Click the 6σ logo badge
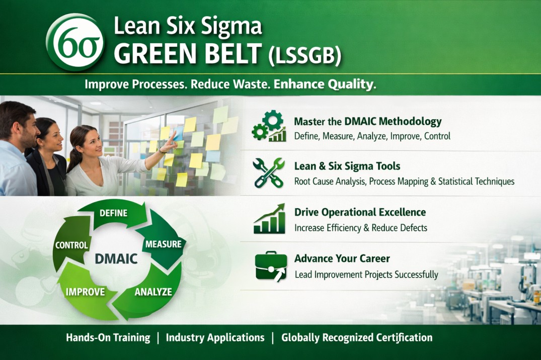tap(75, 42)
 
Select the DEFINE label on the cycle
tap(113, 213)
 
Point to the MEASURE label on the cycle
tap(163, 244)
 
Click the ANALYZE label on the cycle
tap(153, 292)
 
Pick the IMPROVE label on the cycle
tap(85, 292)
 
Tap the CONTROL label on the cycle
tap(71, 245)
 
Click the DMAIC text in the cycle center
tap(116, 259)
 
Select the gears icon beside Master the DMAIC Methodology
tap(269, 126)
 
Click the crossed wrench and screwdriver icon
tap(269, 173)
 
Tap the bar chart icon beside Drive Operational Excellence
tap(269, 219)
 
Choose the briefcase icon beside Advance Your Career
tap(270, 266)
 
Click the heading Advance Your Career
tap(342, 258)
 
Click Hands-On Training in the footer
tap(108, 338)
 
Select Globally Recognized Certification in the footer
tap(356, 338)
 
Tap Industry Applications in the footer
tap(215, 338)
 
